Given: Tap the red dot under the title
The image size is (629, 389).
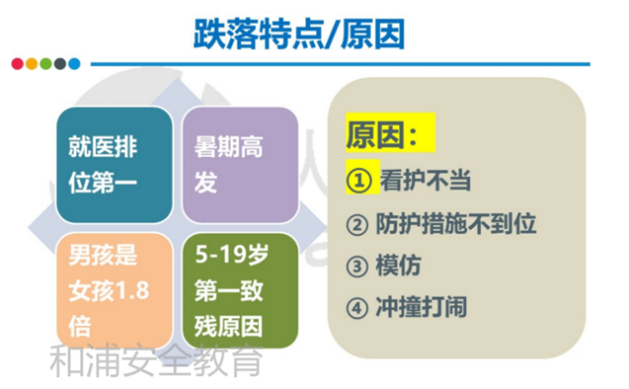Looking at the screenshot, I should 17,64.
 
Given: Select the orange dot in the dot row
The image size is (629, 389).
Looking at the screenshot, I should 31,64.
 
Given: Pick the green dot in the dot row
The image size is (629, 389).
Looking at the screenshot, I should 46,64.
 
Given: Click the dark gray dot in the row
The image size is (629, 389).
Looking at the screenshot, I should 60,64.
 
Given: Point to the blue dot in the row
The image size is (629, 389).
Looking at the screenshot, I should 75,64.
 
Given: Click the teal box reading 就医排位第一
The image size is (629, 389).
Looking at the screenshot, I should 116,165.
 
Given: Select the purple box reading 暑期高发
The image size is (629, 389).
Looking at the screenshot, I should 238,165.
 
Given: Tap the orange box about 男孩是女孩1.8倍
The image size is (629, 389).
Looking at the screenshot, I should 116,291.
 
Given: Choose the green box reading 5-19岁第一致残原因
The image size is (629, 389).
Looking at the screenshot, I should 238,291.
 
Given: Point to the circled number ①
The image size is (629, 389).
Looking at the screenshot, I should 359,181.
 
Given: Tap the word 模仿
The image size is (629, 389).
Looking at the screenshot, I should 402,266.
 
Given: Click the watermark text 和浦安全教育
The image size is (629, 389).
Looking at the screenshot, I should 156,362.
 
